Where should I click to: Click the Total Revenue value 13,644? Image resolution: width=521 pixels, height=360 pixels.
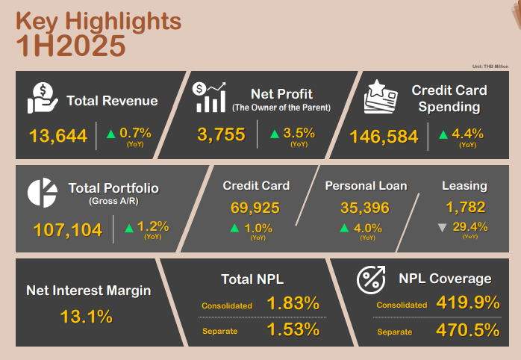click(x=58, y=136)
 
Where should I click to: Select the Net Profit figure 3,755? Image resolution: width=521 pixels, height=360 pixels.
click(x=222, y=135)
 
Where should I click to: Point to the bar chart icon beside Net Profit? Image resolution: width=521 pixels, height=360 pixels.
click(x=210, y=97)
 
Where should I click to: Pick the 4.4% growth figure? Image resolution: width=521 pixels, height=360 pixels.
click(x=467, y=134)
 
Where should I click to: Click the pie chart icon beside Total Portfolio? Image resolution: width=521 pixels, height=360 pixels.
click(x=43, y=193)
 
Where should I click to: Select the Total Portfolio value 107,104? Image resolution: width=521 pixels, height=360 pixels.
click(x=67, y=230)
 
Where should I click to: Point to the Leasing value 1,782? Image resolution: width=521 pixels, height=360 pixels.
click(x=464, y=207)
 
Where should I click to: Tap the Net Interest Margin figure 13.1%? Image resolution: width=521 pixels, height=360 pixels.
click(x=86, y=316)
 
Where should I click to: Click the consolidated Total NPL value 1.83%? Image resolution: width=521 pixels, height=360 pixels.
click(x=293, y=304)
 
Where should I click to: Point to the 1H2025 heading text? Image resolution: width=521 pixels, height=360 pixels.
click(x=71, y=46)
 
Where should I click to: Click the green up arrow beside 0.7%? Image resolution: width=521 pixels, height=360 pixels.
click(x=110, y=134)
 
